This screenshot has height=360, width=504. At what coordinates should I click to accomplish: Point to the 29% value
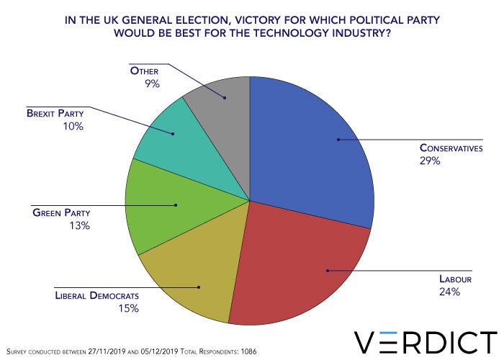click(x=431, y=161)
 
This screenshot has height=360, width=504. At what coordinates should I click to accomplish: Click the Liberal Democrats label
click(x=96, y=296)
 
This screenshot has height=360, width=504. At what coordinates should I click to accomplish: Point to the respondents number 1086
click(x=245, y=350)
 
